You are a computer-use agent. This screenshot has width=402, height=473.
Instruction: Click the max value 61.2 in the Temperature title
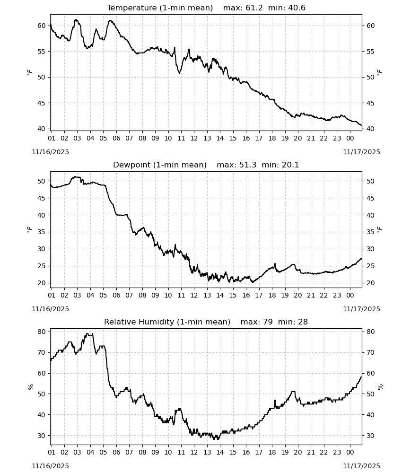tap(254, 8)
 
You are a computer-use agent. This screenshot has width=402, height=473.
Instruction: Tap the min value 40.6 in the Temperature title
tap(297, 8)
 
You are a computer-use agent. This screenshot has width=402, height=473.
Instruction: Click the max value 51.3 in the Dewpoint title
tap(248, 165)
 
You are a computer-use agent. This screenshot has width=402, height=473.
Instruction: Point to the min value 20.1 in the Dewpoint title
tap(290, 165)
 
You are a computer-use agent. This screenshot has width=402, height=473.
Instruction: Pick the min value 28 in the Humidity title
tap(303, 322)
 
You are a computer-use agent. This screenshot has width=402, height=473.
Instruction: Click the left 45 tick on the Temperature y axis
tap(41, 103)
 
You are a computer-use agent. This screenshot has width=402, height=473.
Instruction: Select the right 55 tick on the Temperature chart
tap(370, 52)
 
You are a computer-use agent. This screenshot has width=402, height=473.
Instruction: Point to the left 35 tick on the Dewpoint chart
tap(41, 232)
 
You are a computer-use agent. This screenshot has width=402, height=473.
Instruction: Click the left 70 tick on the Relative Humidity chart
tap(41, 353)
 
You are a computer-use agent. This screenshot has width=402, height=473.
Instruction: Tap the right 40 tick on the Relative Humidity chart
tap(370, 415)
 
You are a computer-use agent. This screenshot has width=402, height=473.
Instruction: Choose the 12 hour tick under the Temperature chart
tap(194, 139)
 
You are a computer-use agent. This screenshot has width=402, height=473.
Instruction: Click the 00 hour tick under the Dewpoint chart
tap(350, 295)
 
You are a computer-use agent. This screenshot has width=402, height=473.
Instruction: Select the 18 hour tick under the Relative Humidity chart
tap(272, 453)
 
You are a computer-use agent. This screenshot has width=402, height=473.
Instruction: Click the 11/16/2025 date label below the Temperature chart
tap(50, 152)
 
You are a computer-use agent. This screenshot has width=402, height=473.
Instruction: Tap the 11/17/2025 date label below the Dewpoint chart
tap(361, 309)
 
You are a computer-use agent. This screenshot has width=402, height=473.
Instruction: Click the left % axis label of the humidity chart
tap(30, 387)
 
